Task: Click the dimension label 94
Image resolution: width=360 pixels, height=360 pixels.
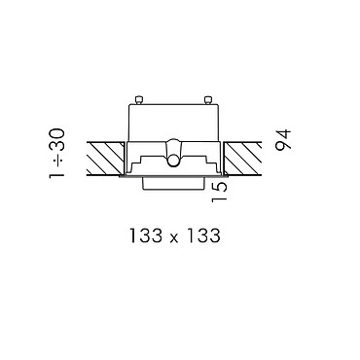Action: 283,139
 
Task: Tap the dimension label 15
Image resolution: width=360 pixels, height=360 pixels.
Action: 219,192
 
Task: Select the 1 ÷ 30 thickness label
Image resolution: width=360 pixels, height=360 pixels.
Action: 57,154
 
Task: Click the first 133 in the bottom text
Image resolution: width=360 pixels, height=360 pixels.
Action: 146,235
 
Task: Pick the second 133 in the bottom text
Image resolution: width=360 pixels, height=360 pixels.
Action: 203,235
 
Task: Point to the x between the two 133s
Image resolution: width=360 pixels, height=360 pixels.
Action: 174,238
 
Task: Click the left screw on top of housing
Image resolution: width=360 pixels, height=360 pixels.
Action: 139,99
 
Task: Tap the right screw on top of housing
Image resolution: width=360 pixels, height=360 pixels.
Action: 207,99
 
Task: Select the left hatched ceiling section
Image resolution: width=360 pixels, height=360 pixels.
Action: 105,159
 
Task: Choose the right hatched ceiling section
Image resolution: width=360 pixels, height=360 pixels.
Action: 242,159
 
